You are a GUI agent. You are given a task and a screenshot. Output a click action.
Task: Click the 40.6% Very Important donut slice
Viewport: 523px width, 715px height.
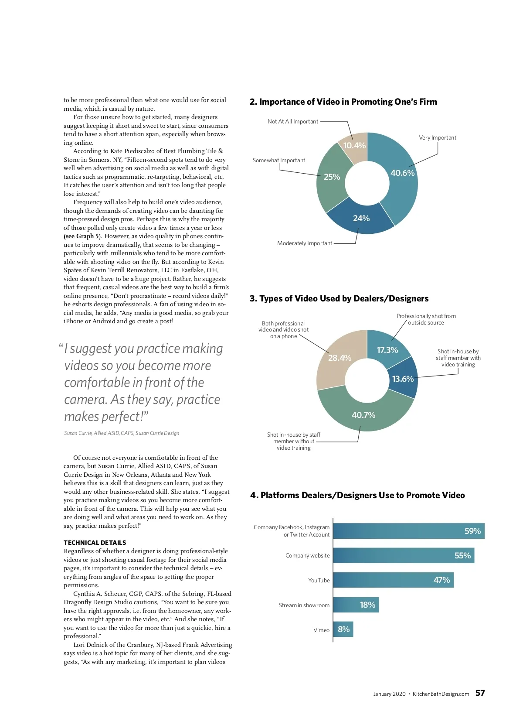click(401, 179)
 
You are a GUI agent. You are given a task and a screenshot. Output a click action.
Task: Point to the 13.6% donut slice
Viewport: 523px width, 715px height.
click(403, 377)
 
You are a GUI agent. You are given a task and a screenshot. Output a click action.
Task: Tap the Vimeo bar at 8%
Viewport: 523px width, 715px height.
click(343, 629)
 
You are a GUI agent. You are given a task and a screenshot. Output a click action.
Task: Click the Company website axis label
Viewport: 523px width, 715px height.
click(307, 555)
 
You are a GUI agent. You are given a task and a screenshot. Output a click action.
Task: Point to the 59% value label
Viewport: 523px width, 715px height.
click(472, 531)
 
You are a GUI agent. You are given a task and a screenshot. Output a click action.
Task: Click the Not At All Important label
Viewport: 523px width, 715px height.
click(293, 121)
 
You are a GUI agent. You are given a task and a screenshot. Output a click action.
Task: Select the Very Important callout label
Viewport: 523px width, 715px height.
click(438, 137)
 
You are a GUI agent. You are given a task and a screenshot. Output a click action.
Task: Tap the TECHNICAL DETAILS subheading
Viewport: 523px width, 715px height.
click(95, 543)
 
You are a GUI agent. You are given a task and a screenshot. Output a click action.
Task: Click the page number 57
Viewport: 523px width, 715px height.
click(480, 693)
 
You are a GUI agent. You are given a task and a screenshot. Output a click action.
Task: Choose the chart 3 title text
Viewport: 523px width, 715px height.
click(339, 298)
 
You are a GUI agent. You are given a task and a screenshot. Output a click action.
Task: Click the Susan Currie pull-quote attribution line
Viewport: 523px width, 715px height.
click(122, 433)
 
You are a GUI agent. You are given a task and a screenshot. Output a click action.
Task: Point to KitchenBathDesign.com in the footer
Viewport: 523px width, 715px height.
click(441, 694)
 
